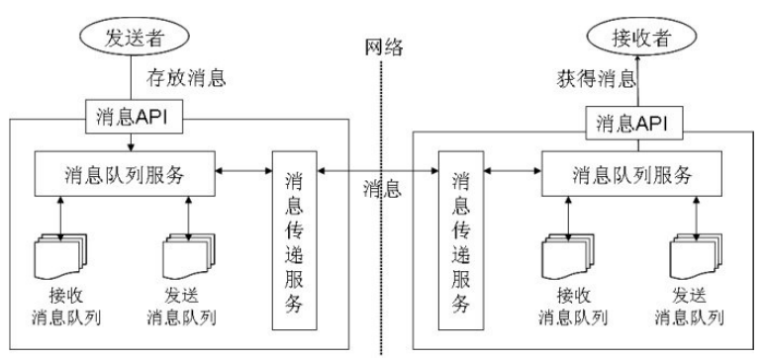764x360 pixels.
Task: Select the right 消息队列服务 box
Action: point(631,175)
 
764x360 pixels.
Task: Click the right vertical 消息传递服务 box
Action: point(460,241)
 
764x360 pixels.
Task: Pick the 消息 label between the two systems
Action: point(382,187)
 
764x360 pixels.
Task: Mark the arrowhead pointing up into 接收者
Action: point(633,66)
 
